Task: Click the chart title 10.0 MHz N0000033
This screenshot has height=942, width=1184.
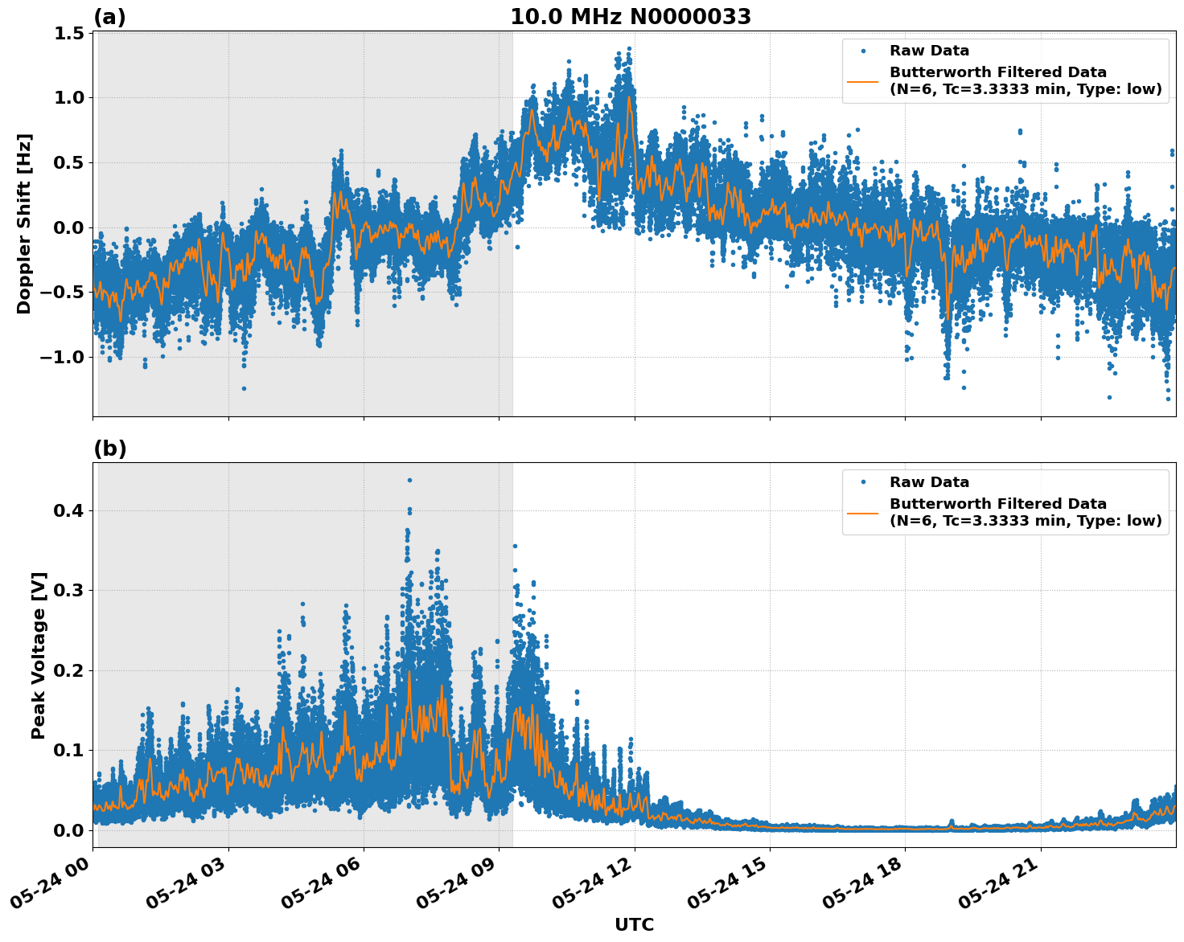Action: [x=631, y=17]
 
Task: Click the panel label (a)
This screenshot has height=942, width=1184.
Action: [x=109, y=17]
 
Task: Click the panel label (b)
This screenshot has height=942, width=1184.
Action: [x=109, y=448]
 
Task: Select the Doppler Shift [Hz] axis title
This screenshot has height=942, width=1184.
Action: [x=24, y=223]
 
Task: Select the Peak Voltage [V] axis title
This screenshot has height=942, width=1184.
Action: [x=39, y=655]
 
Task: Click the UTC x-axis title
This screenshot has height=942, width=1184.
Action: [x=634, y=924]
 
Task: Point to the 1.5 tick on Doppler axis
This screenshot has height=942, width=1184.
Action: [x=70, y=33]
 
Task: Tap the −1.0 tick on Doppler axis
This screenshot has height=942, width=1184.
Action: [x=62, y=357]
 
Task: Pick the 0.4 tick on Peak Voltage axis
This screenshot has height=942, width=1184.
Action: [x=70, y=510]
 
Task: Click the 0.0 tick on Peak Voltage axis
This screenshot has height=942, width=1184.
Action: [x=70, y=829]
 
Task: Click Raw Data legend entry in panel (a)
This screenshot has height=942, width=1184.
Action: [x=929, y=51]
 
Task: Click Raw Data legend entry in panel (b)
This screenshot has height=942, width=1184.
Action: [x=929, y=482]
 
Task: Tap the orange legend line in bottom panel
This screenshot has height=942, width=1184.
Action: [x=863, y=513]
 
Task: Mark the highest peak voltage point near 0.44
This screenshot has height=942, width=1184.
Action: [x=409, y=480]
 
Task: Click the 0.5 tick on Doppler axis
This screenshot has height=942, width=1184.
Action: [x=70, y=162]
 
